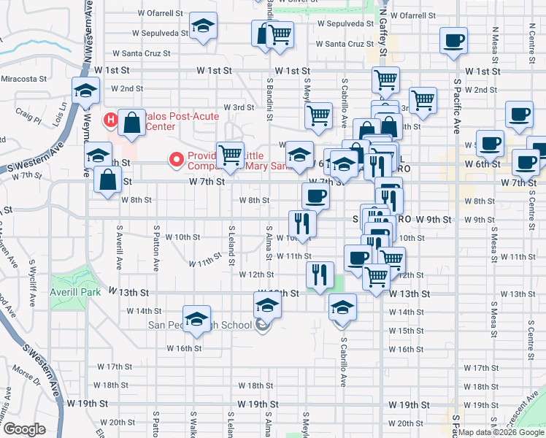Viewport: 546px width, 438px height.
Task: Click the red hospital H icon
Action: click(x=111, y=119)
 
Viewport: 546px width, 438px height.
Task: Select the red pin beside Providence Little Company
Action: click(x=175, y=158)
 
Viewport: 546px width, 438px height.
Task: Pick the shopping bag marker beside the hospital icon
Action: click(x=132, y=124)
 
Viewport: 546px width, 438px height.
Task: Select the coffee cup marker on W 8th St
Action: click(x=315, y=195)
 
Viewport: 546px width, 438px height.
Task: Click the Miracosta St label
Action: click(x=23, y=78)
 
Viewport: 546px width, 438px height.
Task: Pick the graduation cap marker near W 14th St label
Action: click(x=196, y=319)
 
